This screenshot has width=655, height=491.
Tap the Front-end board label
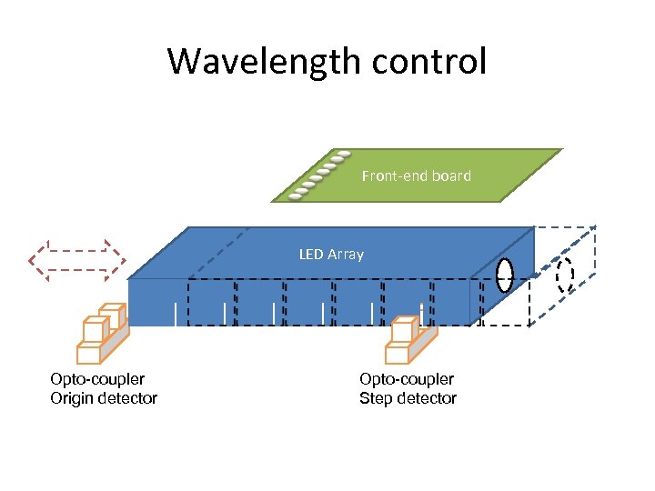pos(416,175)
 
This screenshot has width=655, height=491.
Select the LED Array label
pos(331,254)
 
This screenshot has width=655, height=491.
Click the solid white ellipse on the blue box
pos(505,276)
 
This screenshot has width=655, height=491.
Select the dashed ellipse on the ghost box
pos(565,275)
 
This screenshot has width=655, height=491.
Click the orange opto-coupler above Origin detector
pos(102,333)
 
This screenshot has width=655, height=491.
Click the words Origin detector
pos(104,398)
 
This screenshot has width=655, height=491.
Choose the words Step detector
pos(408,398)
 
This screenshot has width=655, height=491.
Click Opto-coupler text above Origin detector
pos(97,379)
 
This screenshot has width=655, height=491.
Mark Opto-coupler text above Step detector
pos(407,379)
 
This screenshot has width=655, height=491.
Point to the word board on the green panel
pos(451,175)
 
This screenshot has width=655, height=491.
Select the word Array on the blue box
pos(346,254)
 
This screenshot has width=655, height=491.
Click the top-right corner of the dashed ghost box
pos(595,225)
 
